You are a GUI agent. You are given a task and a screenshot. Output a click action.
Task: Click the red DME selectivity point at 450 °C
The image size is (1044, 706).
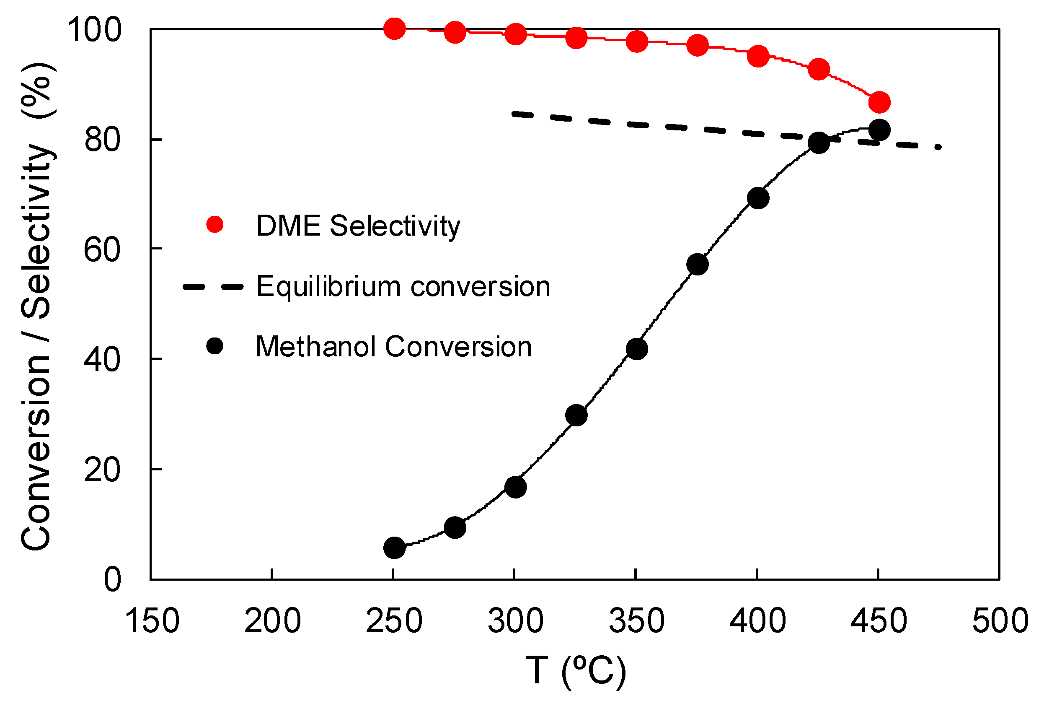pos(879,103)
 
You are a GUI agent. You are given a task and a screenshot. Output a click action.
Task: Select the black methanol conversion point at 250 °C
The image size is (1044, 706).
pos(394,547)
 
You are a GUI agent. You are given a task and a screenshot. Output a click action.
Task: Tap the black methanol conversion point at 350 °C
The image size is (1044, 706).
pos(636,349)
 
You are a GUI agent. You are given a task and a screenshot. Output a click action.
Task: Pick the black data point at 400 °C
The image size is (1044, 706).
pos(758,198)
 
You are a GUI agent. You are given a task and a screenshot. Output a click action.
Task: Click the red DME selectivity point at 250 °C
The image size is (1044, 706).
pos(394,29)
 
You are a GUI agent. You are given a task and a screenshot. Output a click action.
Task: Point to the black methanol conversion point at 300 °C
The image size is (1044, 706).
pos(515,488)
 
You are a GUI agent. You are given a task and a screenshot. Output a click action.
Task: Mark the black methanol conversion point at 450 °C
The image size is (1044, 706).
pos(879,130)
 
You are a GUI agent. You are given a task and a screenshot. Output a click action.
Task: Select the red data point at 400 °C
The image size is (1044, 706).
pos(758,56)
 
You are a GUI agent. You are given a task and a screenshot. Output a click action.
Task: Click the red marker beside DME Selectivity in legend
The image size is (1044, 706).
pos(215,224)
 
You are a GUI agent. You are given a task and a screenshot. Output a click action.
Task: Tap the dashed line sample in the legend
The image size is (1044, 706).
pos(213,286)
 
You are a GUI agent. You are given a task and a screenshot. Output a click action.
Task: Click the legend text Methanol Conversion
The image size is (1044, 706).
pos(393,347)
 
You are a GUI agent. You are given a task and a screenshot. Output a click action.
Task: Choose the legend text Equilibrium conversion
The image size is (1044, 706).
pos(403,286)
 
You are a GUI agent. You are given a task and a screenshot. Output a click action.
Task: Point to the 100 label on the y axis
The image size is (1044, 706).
pos(94,30)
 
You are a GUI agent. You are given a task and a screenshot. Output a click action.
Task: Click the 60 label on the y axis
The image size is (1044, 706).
pos(102,250)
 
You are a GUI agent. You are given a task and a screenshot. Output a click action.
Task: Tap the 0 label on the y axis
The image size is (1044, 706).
pos(112,580)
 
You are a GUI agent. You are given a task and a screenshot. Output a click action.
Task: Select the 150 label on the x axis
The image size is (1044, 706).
pos(152,621)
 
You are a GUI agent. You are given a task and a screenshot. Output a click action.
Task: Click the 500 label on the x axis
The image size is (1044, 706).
pos(1000,621)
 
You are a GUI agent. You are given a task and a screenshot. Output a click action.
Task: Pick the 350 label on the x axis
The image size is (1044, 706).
pos(636,621)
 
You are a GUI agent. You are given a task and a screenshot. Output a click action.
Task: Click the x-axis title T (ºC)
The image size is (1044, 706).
pos(575,671)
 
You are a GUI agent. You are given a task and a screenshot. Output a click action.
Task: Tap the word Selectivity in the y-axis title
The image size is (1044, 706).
pos(38,231)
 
